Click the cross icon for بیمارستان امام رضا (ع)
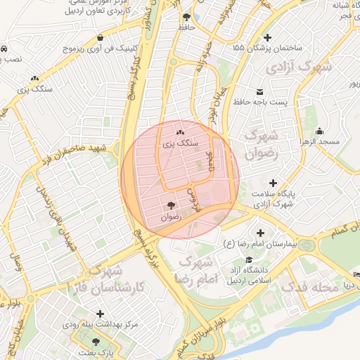point(261,233)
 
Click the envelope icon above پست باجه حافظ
point(260,92)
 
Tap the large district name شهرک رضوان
point(264,143)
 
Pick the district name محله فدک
point(305,287)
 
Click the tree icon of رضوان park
point(171,205)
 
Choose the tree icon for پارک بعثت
point(96,341)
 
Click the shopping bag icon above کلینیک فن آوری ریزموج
point(101,37)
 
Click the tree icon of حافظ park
point(186,17)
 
